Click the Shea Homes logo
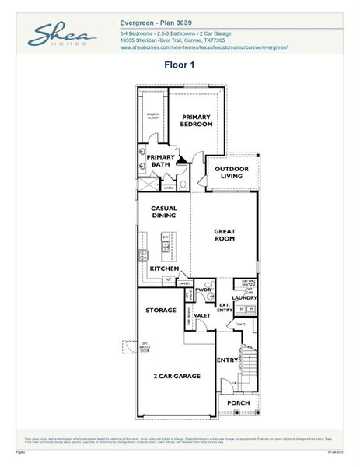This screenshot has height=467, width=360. (62, 34)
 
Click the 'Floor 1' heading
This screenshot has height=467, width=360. (179, 65)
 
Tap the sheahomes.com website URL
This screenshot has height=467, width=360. (204, 47)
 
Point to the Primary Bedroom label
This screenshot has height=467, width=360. (197, 120)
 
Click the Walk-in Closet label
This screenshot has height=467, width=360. (152, 117)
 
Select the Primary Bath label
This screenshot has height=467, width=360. (161, 160)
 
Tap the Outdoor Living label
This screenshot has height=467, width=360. (232, 173)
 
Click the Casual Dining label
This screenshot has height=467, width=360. (163, 212)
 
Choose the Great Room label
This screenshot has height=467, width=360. (224, 235)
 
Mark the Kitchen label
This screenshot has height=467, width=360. (164, 269)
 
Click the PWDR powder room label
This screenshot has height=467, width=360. (204, 290)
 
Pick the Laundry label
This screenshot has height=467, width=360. (244, 297)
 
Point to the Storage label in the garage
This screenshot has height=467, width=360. (161, 311)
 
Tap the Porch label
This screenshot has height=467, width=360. (238, 402)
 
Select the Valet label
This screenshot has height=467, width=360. (202, 316)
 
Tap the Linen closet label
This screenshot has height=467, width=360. (167, 188)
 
